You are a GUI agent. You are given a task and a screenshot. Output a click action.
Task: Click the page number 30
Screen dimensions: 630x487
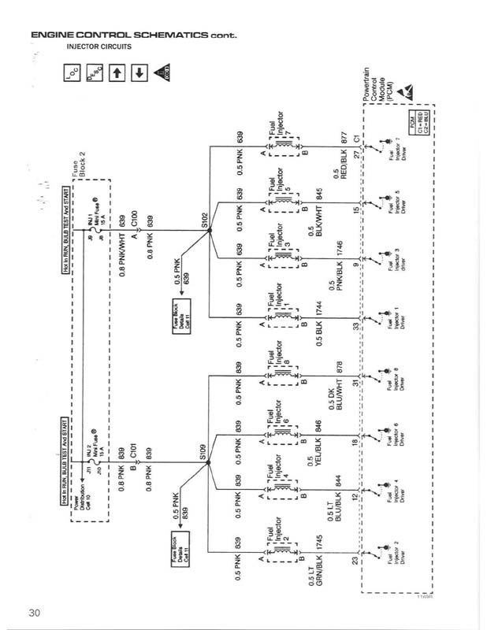coord(34,612)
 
